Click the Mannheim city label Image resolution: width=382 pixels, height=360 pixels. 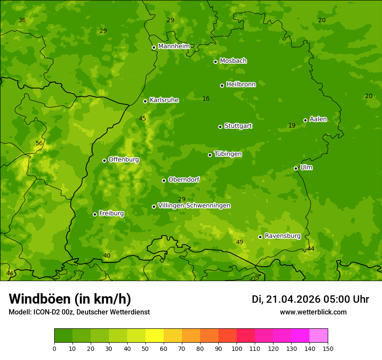(174, 46)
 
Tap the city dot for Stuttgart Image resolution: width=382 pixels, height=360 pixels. (220, 127)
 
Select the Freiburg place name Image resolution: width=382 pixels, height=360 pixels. (111, 213)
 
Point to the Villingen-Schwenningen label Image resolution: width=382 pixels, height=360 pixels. (194, 206)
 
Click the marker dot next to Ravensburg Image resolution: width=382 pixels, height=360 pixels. (260, 237)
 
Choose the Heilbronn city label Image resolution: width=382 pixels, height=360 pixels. (241, 85)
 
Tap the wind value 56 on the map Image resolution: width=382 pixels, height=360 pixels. (39, 144)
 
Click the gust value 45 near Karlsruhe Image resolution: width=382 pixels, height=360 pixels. (142, 118)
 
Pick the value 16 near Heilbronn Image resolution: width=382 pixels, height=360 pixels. (206, 99)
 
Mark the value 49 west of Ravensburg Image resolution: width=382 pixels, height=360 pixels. (240, 242)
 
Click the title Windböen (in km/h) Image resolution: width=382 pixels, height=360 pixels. (69, 299)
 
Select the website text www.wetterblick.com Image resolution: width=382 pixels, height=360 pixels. (313, 312)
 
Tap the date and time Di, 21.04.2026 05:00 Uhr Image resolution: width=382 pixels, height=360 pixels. (310, 299)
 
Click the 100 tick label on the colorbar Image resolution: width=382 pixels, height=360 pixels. (237, 348)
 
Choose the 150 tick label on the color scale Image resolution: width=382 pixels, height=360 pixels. (328, 348)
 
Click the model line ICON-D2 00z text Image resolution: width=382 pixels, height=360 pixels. (79, 312)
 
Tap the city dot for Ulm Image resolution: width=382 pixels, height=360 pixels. (296, 168)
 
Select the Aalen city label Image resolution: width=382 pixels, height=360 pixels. (318, 119)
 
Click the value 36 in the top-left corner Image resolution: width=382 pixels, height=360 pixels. (22, 20)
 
